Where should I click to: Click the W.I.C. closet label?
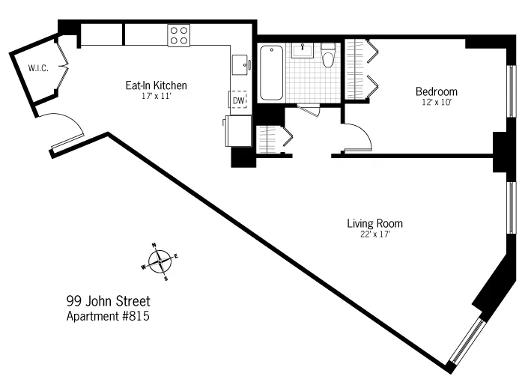point(37,68)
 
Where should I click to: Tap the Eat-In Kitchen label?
point(156,85)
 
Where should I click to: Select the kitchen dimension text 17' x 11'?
point(156,96)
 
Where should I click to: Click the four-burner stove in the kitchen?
point(179,34)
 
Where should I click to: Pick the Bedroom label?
point(437,92)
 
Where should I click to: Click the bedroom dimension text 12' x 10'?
point(437,103)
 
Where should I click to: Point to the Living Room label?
point(374,223)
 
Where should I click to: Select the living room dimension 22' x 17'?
point(374,234)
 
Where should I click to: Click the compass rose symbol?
point(160,262)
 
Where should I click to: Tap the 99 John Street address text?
point(109,301)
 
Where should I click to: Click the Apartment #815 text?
point(109,316)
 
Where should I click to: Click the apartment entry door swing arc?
point(64,127)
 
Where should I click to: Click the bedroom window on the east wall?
point(512,91)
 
